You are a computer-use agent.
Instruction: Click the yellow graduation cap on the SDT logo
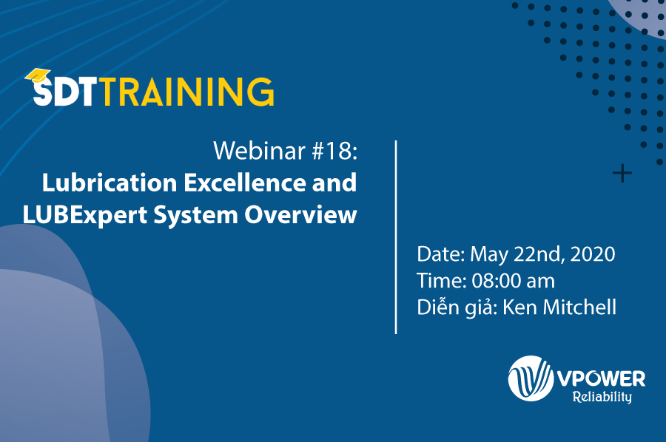pos(38,75)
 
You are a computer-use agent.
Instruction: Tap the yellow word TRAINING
pos(187,92)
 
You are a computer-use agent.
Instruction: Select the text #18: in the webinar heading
pos(334,151)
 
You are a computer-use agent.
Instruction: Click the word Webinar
pos(260,151)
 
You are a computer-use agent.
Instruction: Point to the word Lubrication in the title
pos(110,183)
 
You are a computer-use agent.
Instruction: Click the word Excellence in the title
pos(245,183)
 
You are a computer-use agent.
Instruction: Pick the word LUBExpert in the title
pos(84,216)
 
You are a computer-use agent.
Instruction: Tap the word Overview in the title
pos(300,214)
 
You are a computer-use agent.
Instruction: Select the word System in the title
pos(195,216)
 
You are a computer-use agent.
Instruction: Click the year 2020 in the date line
pos(593,254)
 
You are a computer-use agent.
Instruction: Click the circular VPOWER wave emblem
pos(531,378)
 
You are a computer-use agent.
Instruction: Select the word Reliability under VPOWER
pos(602,397)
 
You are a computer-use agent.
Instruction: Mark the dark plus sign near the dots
pos(622,173)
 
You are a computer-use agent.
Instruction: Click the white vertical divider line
pos(396,237)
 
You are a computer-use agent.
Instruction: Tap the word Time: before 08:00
pos(441,281)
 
